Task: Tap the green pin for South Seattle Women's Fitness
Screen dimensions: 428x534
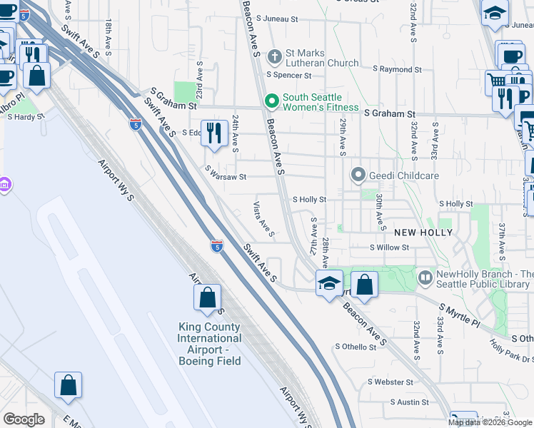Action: tap(271, 102)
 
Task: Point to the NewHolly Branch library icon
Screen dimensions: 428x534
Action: tap(426, 275)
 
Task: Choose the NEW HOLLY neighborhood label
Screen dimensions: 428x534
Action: tap(423, 233)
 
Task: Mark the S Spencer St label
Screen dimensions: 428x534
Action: tap(290, 73)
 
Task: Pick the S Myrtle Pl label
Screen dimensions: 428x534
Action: tap(460, 315)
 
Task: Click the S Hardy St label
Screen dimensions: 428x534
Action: tap(21, 117)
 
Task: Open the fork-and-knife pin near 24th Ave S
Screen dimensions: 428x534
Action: tap(213, 133)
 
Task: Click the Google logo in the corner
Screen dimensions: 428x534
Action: tap(24, 419)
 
